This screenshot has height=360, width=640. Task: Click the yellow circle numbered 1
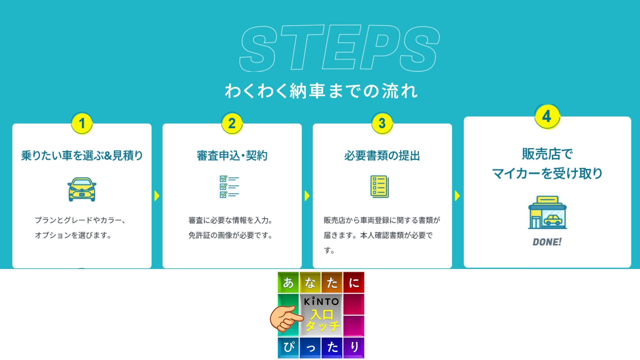[x=82, y=123]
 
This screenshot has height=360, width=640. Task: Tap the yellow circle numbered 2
[x=232, y=123]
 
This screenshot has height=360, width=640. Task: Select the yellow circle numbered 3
[x=382, y=123]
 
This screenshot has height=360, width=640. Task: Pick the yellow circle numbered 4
[x=547, y=117]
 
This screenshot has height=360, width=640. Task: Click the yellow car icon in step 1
[x=82, y=189]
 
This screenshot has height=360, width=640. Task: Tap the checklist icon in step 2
[x=229, y=187]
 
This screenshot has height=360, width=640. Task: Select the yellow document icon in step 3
[x=380, y=186]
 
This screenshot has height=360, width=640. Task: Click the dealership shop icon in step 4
[x=547, y=212]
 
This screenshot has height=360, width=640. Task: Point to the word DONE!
[x=547, y=242]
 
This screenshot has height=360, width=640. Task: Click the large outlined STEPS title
[x=339, y=48]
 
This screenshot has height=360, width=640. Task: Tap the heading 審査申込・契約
[x=232, y=156]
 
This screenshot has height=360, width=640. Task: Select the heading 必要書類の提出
[x=382, y=156]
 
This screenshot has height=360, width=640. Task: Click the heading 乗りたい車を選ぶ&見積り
[x=82, y=156]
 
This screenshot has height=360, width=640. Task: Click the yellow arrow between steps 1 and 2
[x=157, y=196]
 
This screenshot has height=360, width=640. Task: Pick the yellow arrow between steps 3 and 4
[x=457, y=196]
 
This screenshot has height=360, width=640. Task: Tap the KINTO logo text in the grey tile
[x=321, y=302]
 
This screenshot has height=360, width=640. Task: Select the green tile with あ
[x=288, y=282]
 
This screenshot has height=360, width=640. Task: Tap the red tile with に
[x=354, y=282]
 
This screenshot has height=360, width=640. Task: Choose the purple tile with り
[x=354, y=348]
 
